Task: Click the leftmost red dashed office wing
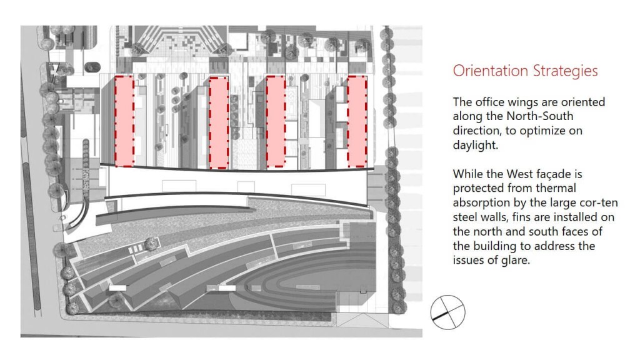tap(124, 121)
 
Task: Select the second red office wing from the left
tap(219, 122)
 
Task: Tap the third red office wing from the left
tap(276, 122)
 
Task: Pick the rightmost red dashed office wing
tap(357, 122)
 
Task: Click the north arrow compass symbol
tap(447, 312)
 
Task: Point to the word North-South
tap(539, 116)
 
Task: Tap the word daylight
tap(475, 145)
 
